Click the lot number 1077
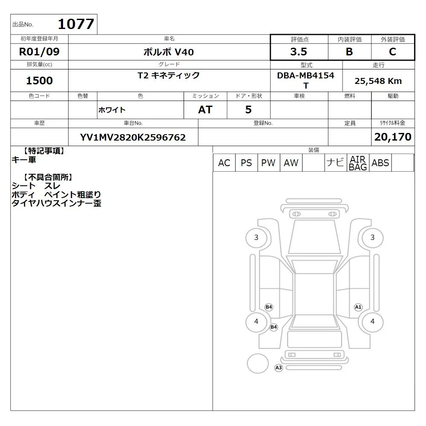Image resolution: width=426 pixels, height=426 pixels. click(x=76, y=24)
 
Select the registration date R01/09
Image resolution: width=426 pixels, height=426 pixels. click(x=39, y=52)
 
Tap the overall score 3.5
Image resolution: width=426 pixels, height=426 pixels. click(x=299, y=52)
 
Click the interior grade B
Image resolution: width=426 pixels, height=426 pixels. click(x=349, y=52)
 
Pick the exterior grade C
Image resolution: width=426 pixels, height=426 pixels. click(x=392, y=52)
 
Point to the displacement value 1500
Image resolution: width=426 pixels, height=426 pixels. click(x=39, y=81)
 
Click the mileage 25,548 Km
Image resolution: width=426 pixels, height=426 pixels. click(x=378, y=81)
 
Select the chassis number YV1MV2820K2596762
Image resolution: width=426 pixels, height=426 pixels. click(x=133, y=138)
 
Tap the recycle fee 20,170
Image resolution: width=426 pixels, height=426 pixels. click(x=393, y=137)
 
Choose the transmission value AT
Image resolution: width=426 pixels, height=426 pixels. click(x=205, y=110)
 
